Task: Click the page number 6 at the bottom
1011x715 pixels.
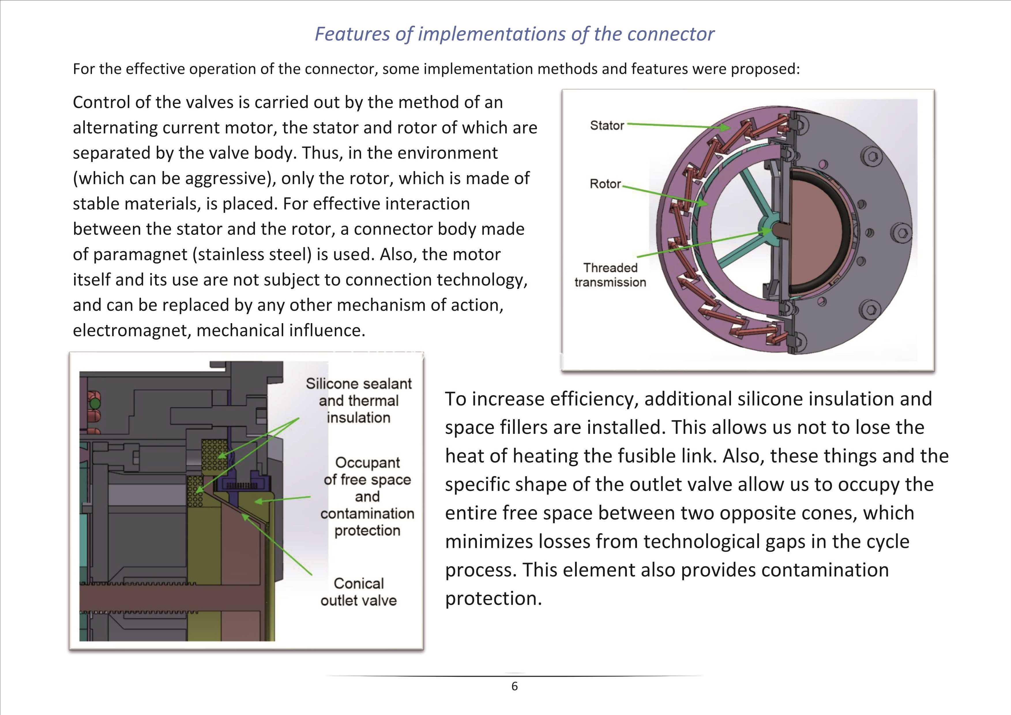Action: pos(514,686)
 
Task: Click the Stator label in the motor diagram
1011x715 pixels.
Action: pos(607,126)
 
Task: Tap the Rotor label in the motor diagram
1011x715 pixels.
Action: pos(605,184)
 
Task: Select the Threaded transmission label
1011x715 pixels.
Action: pos(610,275)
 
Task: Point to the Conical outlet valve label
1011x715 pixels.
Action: pos(359,592)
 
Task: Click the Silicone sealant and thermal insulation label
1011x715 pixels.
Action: pos(359,400)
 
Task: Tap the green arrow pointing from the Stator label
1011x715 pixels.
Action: pos(679,126)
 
